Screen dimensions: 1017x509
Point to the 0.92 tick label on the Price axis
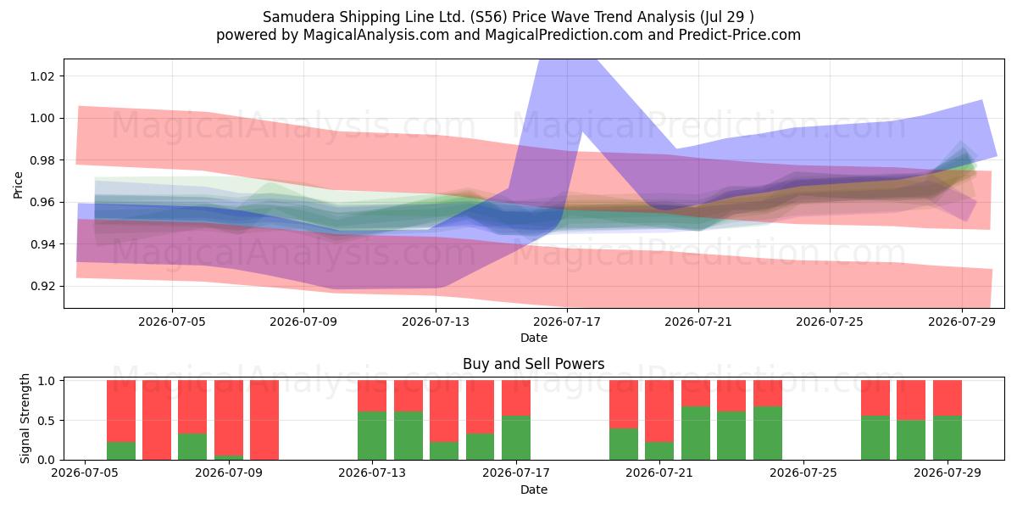coord(42,287)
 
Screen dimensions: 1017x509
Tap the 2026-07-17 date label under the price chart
coord(567,322)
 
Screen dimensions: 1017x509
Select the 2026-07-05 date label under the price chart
coord(171,322)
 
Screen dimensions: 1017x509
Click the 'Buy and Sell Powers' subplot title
coord(533,364)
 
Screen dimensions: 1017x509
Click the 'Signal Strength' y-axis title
coord(25,418)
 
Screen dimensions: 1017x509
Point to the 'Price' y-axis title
coord(18,185)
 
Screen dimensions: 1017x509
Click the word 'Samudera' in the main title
coord(298,17)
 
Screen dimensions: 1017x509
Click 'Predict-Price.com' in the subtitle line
coord(740,35)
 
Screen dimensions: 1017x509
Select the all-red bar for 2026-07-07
coord(157,420)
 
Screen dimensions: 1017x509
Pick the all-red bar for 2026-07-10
coord(264,420)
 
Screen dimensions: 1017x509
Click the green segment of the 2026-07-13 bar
coord(372,436)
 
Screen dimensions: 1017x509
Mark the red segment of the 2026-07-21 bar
coord(659,411)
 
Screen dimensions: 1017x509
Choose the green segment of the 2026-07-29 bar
coord(948,438)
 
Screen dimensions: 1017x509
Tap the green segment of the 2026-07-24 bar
coord(768,433)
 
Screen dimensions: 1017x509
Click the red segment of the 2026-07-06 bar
coord(120,411)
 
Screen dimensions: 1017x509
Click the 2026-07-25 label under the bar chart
coord(803,473)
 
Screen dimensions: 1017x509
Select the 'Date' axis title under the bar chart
coord(534,490)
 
